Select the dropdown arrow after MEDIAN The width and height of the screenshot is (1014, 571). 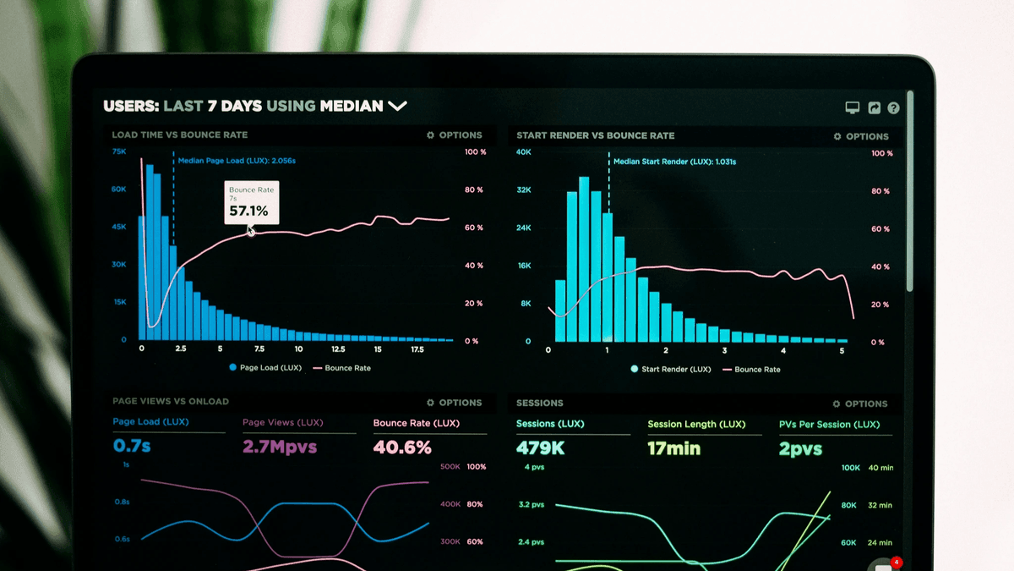(x=397, y=106)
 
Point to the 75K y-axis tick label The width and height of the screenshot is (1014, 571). (x=119, y=151)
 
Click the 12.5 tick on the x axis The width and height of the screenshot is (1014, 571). (x=338, y=349)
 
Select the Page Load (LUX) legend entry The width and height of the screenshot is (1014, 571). (x=265, y=368)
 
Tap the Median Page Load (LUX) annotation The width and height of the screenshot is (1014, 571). (x=236, y=160)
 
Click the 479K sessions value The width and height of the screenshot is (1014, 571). (x=540, y=448)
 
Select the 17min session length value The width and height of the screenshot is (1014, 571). (x=673, y=448)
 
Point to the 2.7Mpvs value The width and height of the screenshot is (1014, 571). (x=279, y=447)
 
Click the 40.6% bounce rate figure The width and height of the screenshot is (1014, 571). (x=402, y=447)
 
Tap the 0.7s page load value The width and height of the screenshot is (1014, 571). (x=132, y=445)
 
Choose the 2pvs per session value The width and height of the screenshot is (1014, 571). (x=800, y=449)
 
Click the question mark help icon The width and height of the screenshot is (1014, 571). (x=893, y=108)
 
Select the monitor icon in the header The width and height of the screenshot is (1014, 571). (x=853, y=108)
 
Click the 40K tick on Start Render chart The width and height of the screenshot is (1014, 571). (x=524, y=152)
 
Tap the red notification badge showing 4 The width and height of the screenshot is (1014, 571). (x=897, y=562)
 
